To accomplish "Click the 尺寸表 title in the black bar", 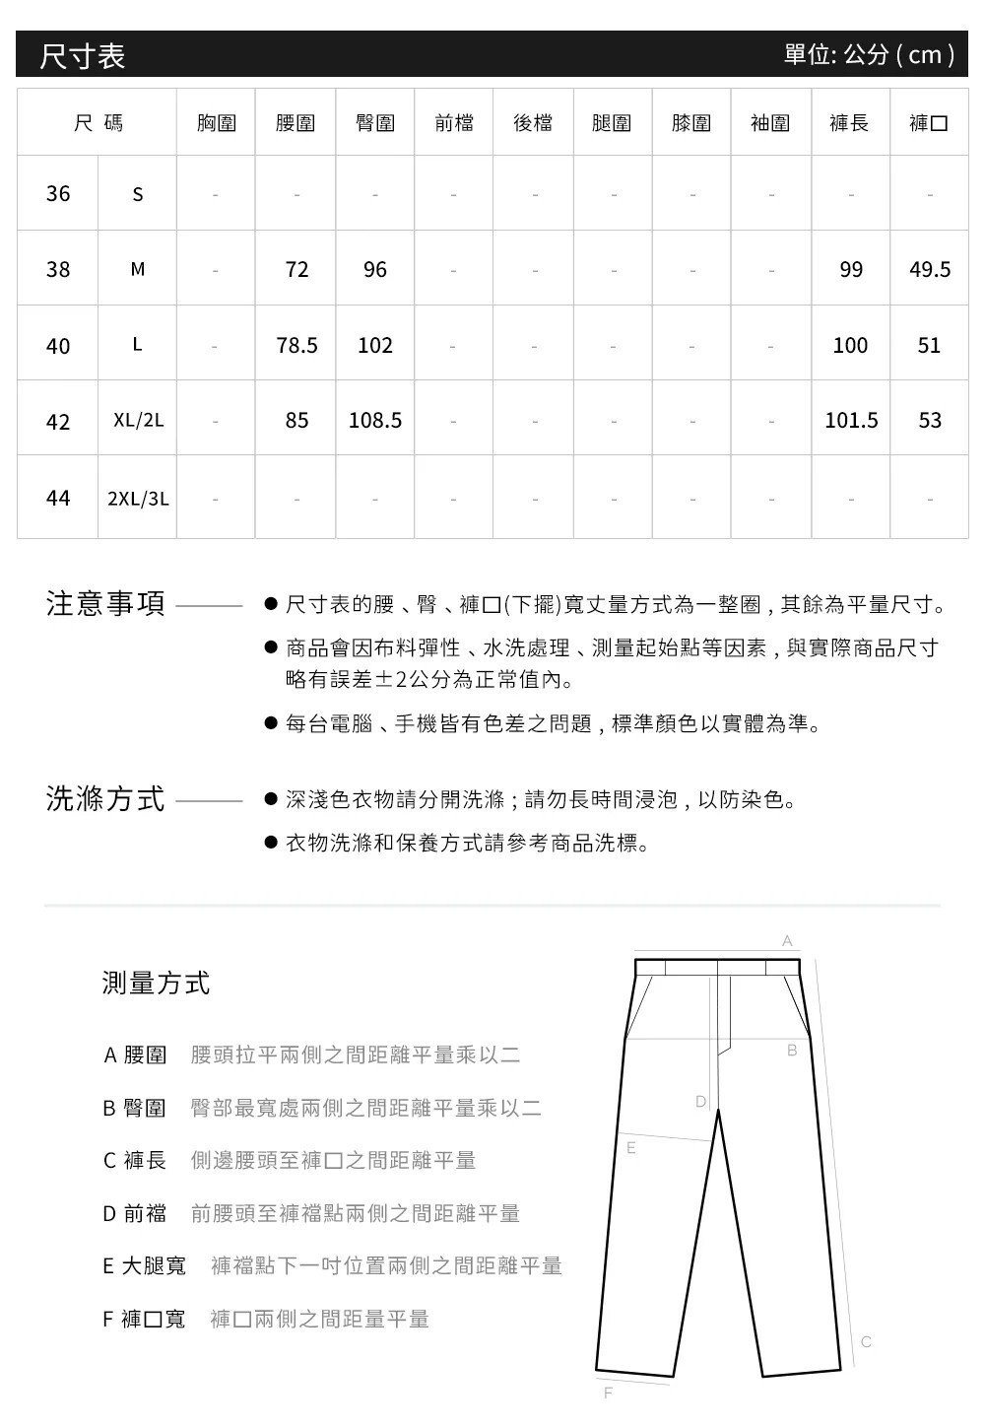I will click(83, 55).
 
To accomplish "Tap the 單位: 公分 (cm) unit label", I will click(869, 54).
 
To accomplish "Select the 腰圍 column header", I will click(295, 123).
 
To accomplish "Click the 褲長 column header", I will click(849, 123).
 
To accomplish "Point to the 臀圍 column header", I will click(375, 123).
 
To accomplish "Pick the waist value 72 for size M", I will click(296, 269).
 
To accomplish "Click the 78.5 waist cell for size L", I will click(296, 345).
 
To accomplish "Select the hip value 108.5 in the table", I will click(375, 421).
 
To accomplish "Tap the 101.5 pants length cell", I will click(851, 421).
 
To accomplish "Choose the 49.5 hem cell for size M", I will click(930, 269).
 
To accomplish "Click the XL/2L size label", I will click(138, 421).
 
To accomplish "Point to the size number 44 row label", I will click(58, 499).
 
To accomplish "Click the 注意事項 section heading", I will click(105, 604).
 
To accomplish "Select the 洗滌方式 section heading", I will click(105, 799).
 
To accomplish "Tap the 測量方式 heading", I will click(156, 983).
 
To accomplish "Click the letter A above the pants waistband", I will click(787, 942).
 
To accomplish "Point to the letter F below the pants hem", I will click(608, 1393).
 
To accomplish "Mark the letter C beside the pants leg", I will click(866, 1342).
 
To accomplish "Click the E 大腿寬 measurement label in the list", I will click(144, 1265).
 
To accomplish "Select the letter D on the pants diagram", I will click(700, 1100).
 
